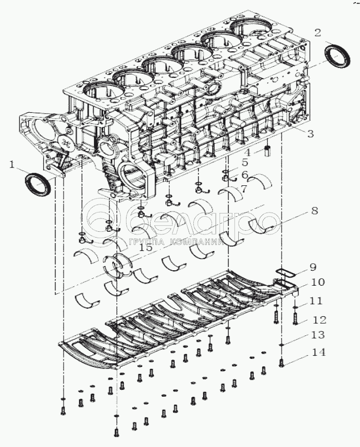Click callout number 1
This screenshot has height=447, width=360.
12,165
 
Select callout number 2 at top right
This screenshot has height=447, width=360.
317,32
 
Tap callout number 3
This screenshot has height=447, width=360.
310,133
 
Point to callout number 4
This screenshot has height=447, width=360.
248,152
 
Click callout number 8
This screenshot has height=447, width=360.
314,211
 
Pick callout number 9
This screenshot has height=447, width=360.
312,267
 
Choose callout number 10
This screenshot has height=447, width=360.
318,282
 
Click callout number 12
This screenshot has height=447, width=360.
319,320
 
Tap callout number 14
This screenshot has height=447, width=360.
318,352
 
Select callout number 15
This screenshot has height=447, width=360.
146,247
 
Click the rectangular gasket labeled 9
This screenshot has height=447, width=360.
286,273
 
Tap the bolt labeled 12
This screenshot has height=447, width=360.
295,318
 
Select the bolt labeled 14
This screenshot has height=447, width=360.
281,362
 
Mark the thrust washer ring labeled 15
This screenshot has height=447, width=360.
117,265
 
